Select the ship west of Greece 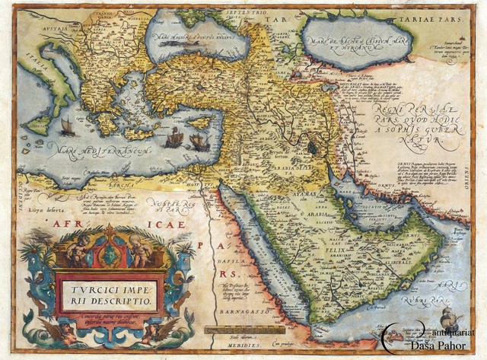tap(68, 126)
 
